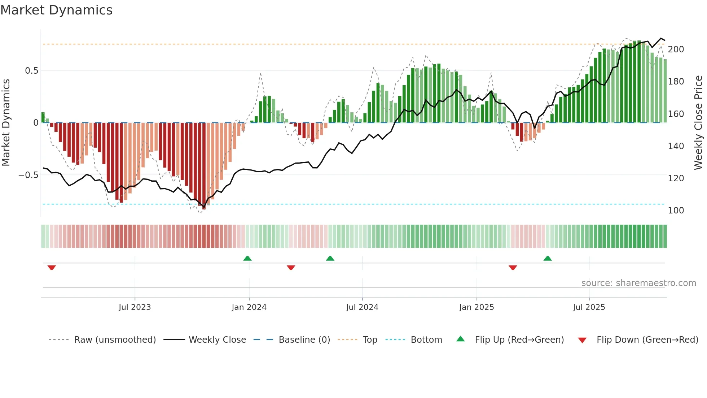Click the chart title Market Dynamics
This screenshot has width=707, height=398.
[x=56, y=10]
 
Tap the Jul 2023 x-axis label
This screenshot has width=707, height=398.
[x=135, y=307]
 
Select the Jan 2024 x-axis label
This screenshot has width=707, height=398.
[x=249, y=307]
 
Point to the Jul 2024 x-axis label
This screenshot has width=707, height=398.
[x=362, y=307]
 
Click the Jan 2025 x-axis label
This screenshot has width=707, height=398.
[x=477, y=307]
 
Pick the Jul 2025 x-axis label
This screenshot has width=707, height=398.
[x=589, y=307]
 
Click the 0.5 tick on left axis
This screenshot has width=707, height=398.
[x=31, y=71]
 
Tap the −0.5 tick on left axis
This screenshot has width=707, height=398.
[x=28, y=175]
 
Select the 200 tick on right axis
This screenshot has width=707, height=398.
[x=676, y=49]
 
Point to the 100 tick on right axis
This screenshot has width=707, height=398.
[x=676, y=211]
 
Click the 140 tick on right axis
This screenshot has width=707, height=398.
[x=676, y=146]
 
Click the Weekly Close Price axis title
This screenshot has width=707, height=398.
[x=698, y=123]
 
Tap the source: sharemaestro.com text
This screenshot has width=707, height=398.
[x=638, y=283]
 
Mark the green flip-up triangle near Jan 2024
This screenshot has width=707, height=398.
[x=247, y=259]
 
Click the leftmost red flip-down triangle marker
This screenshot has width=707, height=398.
[x=52, y=268]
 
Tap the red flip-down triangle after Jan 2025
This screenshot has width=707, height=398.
[x=513, y=268]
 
